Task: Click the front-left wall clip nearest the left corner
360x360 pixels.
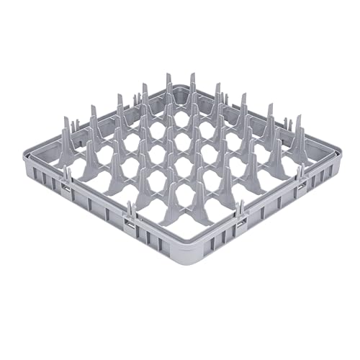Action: (x=66, y=189)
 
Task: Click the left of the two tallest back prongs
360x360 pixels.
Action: (x=168, y=83)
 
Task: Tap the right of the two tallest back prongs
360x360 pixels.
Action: (x=193, y=83)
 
